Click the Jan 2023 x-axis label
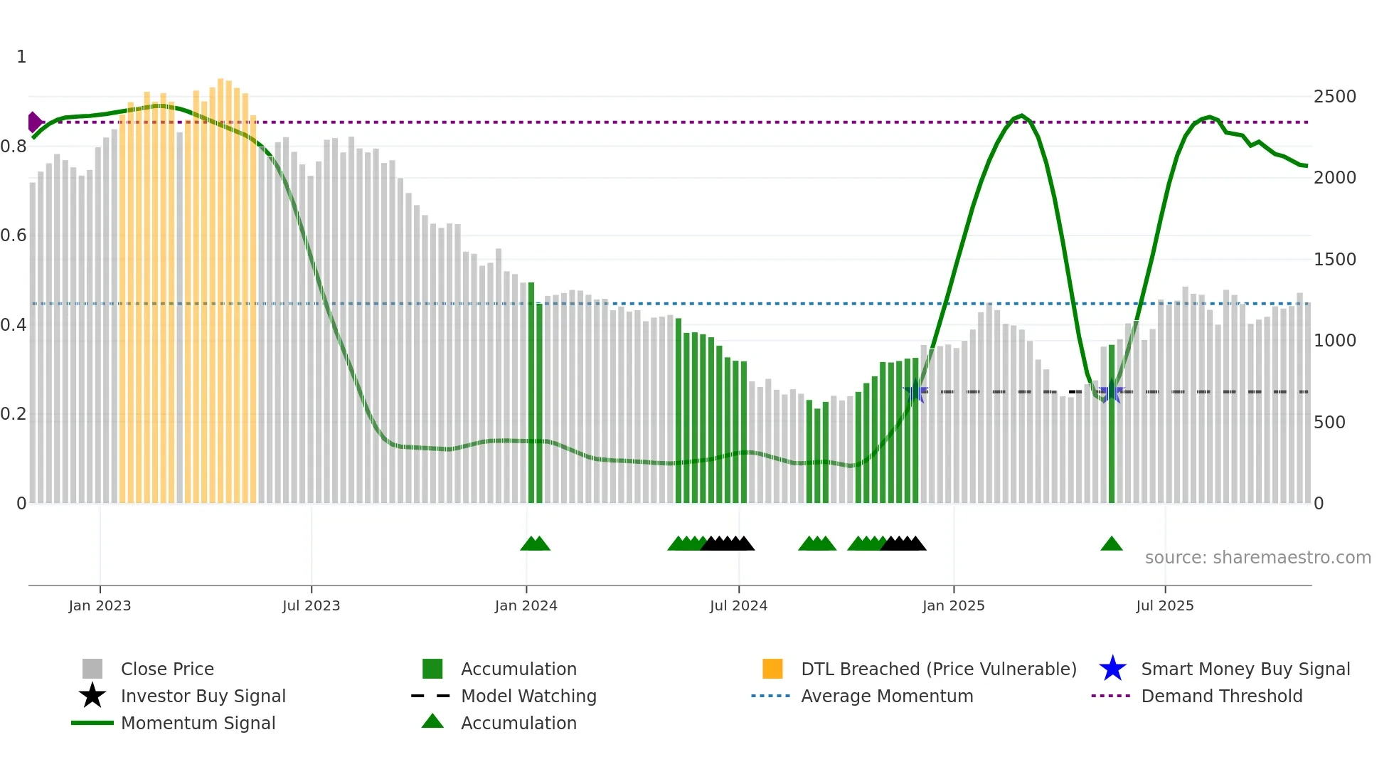(x=100, y=605)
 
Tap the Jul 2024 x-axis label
(x=738, y=605)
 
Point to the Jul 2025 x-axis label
(x=1164, y=605)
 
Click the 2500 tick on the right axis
(x=1334, y=97)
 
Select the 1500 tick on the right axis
(x=1334, y=260)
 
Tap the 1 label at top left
(x=21, y=57)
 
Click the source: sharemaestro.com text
(x=1257, y=558)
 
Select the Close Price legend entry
(x=167, y=669)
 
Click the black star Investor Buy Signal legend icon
(x=92, y=696)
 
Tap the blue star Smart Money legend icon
(x=1112, y=669)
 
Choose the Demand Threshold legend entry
(x=1221, y=696)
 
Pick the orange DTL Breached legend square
(x=772, y=669)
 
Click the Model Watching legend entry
(x=528, y=696)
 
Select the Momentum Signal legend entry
(x=198, y=724)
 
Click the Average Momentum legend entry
(x=886, y=696)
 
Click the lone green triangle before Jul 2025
(x=1111, y=544)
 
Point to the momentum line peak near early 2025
(x=1022, y=115)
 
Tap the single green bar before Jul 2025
(x=1112, y=427)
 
